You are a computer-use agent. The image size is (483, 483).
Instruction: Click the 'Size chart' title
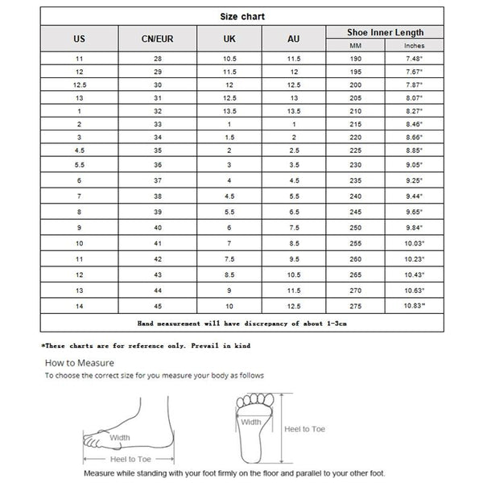point(242,16)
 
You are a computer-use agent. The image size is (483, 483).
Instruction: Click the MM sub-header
point(357,45)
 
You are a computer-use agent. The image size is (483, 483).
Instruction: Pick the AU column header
point(293,39)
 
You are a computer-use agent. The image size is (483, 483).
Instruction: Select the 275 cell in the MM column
point(357,306)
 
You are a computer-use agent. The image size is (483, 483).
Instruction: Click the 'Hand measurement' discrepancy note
point(242,323)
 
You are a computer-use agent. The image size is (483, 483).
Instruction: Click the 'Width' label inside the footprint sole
point(250,421)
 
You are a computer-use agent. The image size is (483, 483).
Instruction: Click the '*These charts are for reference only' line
point(146,345)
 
